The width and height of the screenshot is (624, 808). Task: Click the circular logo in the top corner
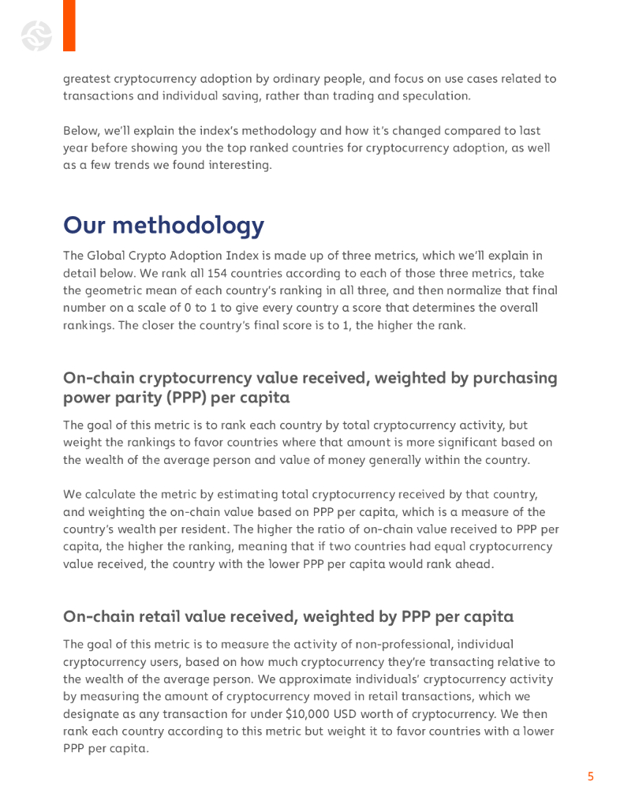coord(36,36)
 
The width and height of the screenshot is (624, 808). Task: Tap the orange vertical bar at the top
coord(69,25)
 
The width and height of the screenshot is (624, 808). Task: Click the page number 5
coord(590,777)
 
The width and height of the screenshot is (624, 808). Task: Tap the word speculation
coord(436,96)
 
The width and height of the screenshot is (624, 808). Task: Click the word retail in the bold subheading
coord(174,616)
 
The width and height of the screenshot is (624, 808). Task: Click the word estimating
coord(250,495)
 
